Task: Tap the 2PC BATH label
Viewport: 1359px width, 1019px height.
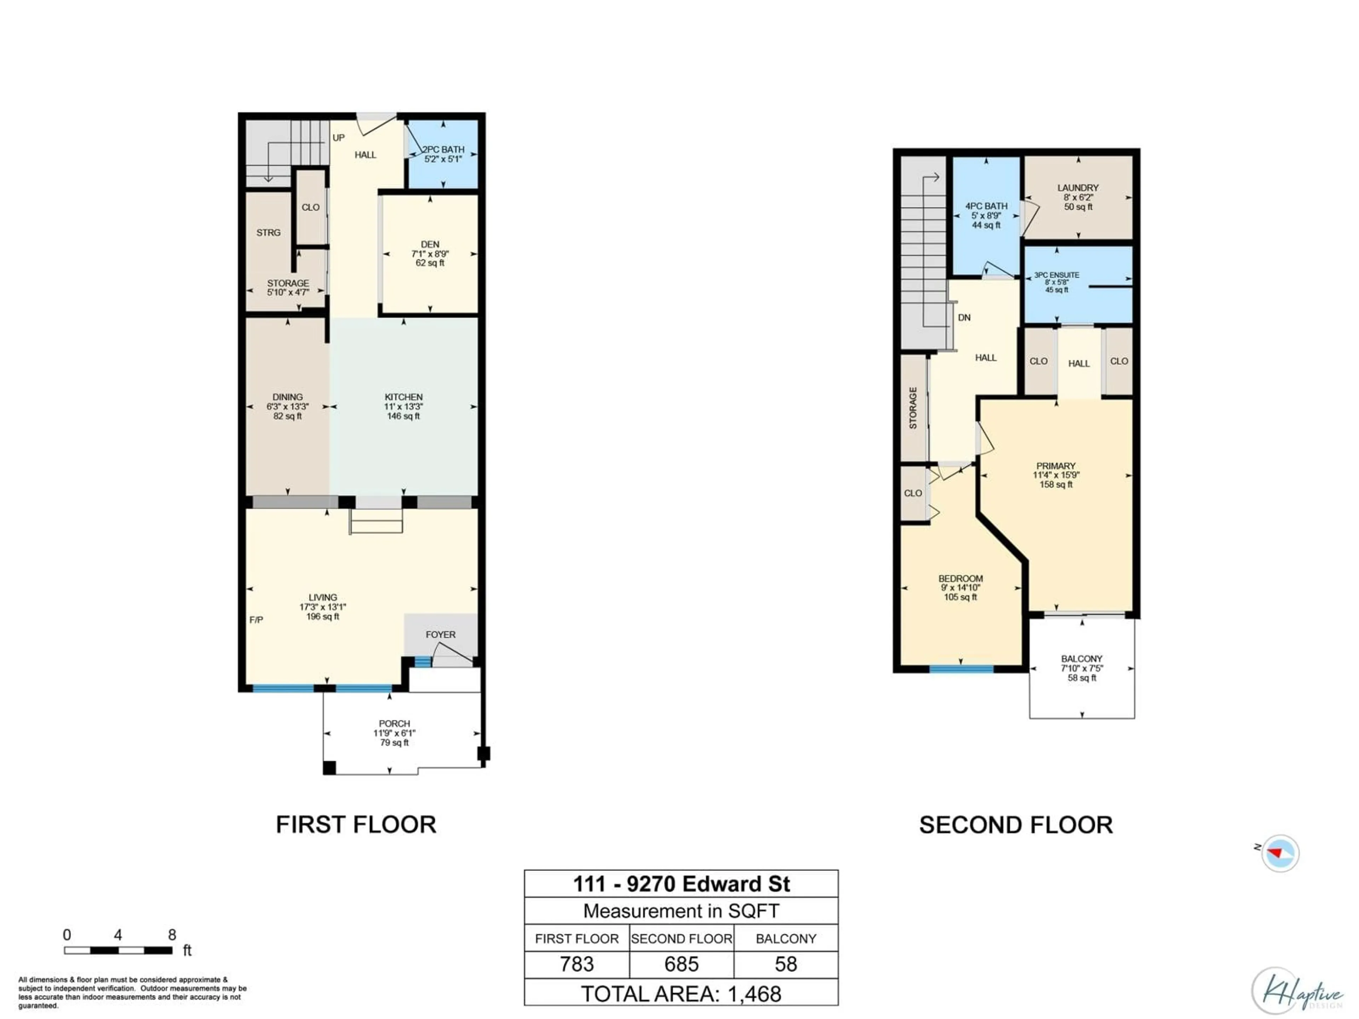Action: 443,149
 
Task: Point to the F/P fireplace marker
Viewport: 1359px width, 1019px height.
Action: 256,620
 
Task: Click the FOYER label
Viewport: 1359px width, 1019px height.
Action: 441,634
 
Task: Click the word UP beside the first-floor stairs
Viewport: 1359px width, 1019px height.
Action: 339,138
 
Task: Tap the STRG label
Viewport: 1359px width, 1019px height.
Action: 269,232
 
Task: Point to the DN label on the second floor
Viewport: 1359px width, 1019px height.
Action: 964,318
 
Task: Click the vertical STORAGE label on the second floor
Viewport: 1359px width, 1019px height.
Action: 913,408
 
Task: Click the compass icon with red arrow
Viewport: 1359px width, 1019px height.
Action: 1280,853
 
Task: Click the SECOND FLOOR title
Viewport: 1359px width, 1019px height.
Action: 1016,825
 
